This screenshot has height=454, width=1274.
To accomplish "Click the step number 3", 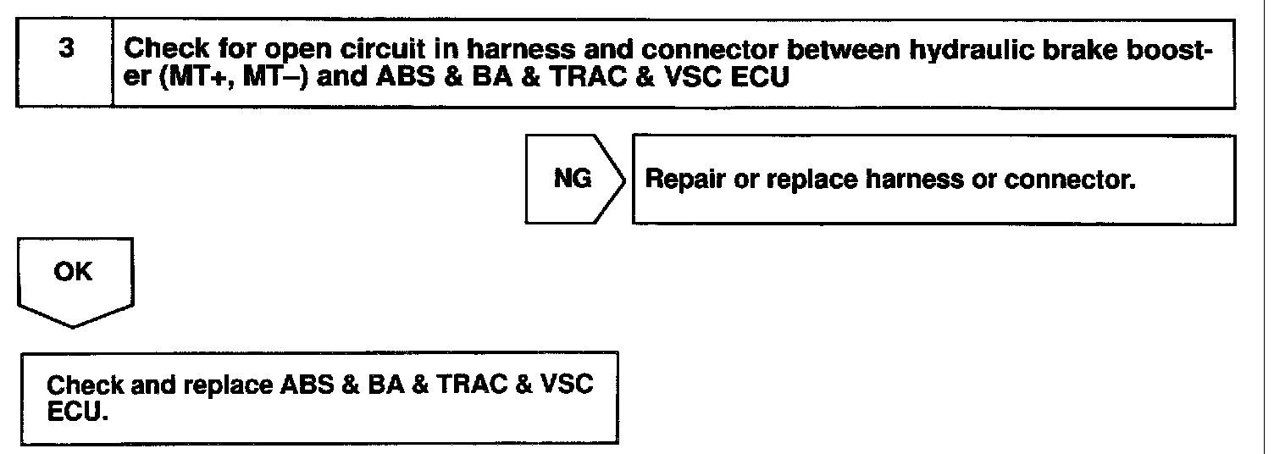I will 65,49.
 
